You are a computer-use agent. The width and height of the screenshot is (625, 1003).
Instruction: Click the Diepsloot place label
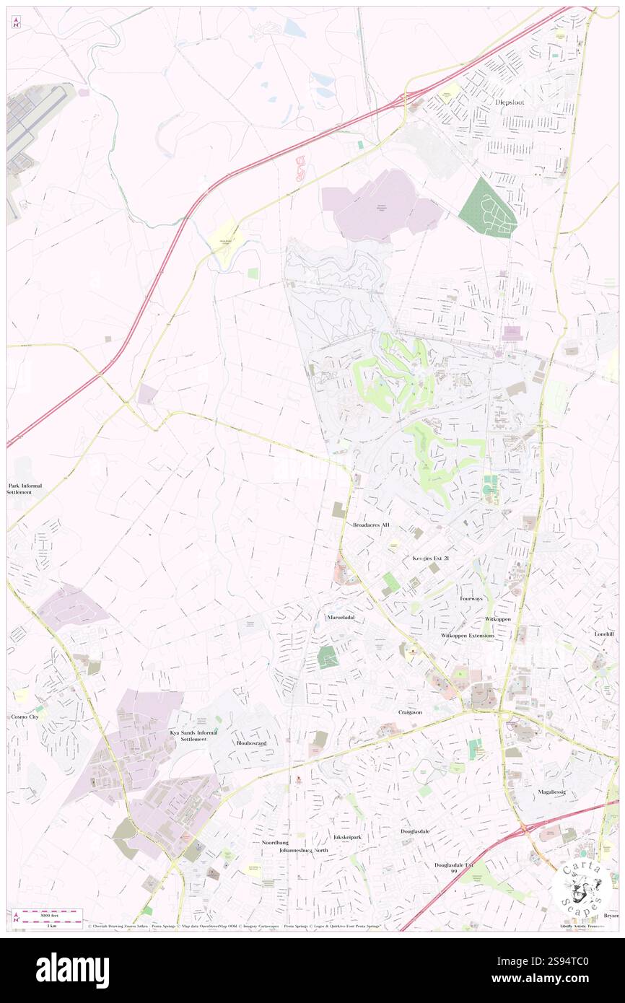pos(515,102)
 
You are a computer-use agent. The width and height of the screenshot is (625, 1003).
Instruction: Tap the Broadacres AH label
pos(371,525)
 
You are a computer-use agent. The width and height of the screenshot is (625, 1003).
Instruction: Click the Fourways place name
pos(475,599)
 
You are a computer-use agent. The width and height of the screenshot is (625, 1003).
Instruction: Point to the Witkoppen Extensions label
pos(468,636)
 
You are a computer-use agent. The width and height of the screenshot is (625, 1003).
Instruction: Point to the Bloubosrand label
pos(251,743)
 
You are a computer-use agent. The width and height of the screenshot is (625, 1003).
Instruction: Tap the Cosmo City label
pos(22,717)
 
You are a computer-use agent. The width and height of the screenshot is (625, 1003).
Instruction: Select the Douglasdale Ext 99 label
pos(454,868)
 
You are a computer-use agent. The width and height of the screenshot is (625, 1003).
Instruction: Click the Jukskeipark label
pos(347,837)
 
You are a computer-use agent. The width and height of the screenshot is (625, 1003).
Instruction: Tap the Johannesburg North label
pos(304,851)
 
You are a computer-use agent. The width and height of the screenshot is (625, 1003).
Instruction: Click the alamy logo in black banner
pos(72,970)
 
